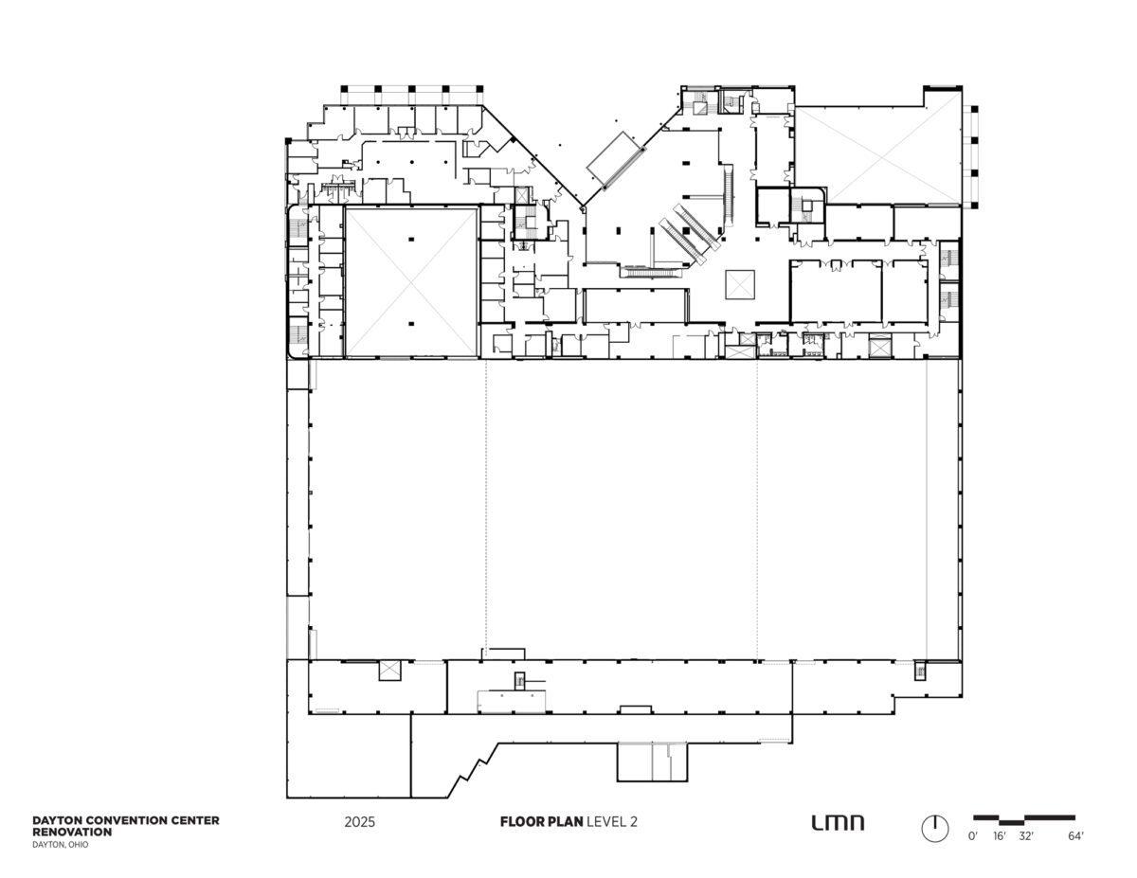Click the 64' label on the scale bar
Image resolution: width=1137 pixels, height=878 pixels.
pyautogui.click(x=1075, y=851)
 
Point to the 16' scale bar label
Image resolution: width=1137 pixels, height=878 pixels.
pyautogui.click(x=1000, y=851)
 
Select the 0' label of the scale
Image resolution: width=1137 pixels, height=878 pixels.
pyautogui.click(x=973, y=851)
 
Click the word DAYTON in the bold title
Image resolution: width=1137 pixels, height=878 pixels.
pyautogui.click(x=54, y=820)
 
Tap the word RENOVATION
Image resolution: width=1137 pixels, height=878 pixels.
pyautogui.click(x=72, y=832)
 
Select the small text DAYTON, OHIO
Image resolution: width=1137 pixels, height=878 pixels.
pyautogui.click(x=61, y=845)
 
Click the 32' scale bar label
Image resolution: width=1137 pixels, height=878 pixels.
pyautogui.click(x=1025, y=851)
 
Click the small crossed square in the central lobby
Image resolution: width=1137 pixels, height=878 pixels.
pyautogui.click(x=740, y=285)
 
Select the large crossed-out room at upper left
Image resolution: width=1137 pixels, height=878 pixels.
pyautogui.click(x=411, y=282)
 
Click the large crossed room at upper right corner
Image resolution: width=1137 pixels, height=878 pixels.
pyautogui.click(x=878, y=155)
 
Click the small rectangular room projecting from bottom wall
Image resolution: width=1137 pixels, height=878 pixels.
pyautogui.click(x=652, y=762)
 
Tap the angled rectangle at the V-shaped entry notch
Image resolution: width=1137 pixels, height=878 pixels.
pyautogui.click(x=615, y=160)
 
